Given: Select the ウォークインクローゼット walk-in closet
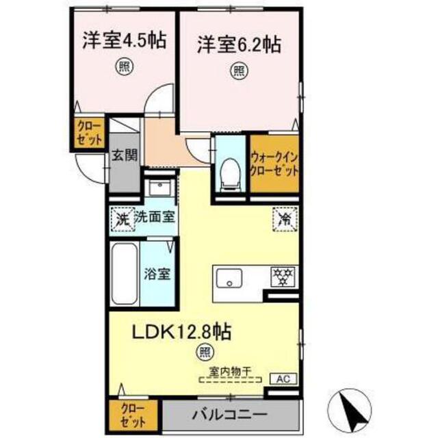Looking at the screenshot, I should pos(274,163).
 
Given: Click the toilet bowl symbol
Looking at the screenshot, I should pos(230,171).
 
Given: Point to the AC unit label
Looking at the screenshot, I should pos(283,377).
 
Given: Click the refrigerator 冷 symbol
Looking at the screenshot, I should pos(284,219).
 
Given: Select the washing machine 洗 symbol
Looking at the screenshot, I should pos(121,220).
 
